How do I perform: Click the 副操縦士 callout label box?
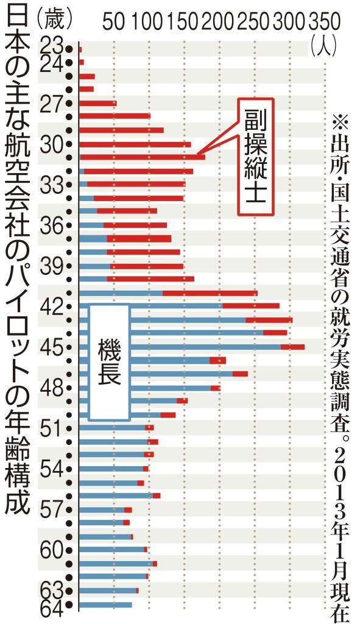255,157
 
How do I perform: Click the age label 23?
53,45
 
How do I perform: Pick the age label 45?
52,347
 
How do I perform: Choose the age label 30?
52,144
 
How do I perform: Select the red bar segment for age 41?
210,293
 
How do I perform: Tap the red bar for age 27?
97,103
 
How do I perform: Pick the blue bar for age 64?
105,604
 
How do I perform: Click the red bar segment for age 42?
250,306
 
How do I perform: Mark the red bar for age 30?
135,144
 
